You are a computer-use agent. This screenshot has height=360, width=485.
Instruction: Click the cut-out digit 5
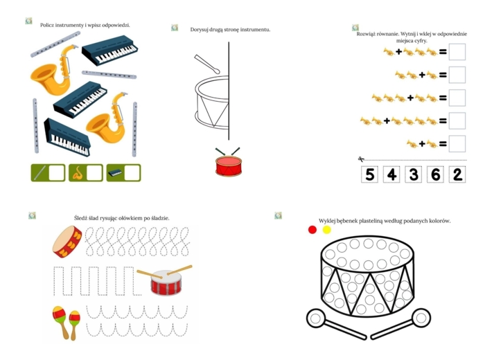(369, 174)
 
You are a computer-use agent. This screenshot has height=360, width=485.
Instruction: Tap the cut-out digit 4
(391, 174)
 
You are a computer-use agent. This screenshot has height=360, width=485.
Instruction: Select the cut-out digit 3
(414, 174)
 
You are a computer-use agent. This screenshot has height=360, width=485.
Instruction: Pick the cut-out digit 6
(436, 174)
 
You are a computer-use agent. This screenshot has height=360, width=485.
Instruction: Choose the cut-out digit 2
(457, 174)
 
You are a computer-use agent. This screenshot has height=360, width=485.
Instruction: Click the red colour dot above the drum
(312, 230)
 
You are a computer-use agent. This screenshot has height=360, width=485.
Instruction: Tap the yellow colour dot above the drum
(327, 230)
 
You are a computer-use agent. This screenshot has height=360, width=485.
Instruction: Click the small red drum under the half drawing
(229, 162)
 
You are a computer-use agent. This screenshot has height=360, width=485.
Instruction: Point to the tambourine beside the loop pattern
(67, 242)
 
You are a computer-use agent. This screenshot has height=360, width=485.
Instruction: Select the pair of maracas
(67, 323)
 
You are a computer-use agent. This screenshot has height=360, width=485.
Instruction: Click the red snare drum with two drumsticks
(165, 280)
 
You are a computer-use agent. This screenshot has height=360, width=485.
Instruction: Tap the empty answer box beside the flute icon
(56, 173)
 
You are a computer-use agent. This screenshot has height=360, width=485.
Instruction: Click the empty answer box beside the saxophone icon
(94, 173)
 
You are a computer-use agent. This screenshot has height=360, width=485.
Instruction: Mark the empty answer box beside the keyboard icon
(132, 173)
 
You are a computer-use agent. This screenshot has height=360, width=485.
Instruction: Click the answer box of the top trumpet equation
(457, 52)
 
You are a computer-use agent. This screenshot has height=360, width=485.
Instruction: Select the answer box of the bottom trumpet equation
(457, 144)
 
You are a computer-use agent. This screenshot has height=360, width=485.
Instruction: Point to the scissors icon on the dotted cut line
(361, 159)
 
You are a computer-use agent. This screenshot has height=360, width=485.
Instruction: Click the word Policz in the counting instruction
(47, 25)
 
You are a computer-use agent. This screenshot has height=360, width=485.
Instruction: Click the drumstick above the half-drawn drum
(207, 64)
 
